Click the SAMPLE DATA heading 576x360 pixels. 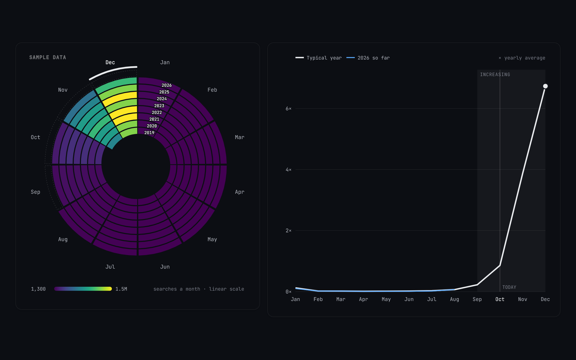[47, 57]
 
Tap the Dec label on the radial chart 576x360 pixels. [110, 62]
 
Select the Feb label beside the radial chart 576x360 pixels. [212, 90]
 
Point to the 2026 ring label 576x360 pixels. [166, 85]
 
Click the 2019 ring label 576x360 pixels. [149, 133]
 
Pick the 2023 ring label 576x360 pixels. [159, 106]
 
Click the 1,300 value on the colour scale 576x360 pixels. [38, 289]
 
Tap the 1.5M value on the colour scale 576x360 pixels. [121, 289]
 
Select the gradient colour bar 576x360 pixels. [83, 289]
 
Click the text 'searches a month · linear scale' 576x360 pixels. [199, 289]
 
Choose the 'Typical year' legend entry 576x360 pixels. [319, 58]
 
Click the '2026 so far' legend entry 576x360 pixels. [368, 58]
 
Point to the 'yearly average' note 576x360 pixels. [522, 58]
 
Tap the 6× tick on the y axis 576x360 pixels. [288, 108]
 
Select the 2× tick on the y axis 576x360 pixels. [288, 230]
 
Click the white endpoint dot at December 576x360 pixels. [545, 86]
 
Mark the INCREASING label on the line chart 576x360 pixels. [495, 74]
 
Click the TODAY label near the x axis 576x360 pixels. [509, 287]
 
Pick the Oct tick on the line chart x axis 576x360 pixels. [500, 299]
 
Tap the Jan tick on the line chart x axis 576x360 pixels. [295, 299]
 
